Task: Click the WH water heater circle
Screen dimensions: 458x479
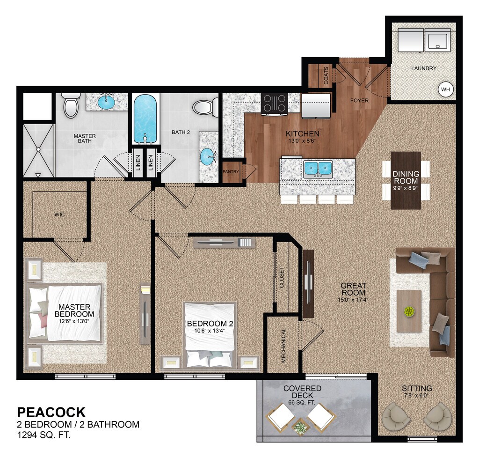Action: tap(445, 89)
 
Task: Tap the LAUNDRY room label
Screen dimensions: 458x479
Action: tap(423, 68)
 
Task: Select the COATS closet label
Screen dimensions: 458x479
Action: tap(326, 75)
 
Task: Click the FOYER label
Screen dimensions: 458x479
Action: tap(359, 100)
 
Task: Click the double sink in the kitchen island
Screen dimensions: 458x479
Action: tap(318, 169)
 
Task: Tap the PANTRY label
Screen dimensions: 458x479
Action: tap(231, 172)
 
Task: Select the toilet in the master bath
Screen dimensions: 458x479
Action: tap(71, 106)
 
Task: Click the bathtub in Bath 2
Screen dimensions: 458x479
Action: tap(145, 119)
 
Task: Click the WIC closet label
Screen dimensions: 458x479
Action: tap(59, 214)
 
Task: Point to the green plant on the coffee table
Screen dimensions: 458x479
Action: tap(409, 311)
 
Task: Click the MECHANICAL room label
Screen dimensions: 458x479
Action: tap(283, 345)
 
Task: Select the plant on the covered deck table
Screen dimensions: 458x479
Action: tap(299, 427)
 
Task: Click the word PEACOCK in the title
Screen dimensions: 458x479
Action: tap(51, 412)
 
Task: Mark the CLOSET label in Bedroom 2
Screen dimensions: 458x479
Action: tap(281, 278)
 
